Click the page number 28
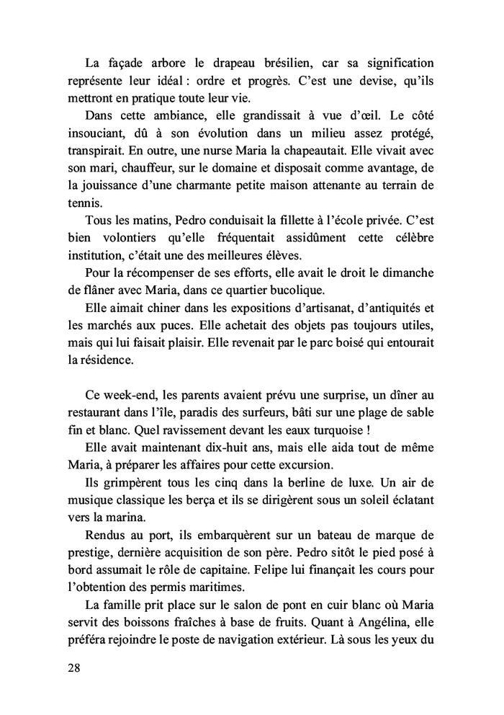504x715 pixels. point(73,668)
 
